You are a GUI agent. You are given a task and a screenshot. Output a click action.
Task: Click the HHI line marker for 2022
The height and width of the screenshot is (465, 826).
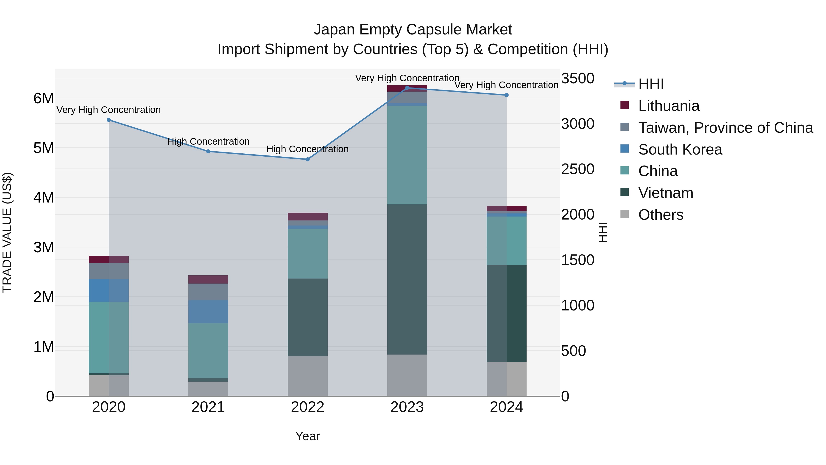click(307, 159)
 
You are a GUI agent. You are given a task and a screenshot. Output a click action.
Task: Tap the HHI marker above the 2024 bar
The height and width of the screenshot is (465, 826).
click(506, 95)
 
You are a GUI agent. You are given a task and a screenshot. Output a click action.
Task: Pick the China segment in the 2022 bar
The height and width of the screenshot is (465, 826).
click(307, 254)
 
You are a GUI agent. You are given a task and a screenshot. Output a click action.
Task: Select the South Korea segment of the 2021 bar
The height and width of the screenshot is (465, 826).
click(208, 312)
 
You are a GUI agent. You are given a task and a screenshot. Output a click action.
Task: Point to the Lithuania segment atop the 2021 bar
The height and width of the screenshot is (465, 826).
click(208, 279)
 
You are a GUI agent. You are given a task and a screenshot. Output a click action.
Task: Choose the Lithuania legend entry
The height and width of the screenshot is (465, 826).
click(669, 106)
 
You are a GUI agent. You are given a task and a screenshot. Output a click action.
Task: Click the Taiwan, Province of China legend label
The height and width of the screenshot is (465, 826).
click(725, 128)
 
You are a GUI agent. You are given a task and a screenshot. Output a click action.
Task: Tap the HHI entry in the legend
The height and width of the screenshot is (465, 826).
click(651, 84)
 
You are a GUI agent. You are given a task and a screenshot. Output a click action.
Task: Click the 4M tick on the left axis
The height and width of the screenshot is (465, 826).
click(44, 197)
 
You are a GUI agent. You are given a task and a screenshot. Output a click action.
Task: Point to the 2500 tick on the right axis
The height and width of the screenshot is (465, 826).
click(578, 169)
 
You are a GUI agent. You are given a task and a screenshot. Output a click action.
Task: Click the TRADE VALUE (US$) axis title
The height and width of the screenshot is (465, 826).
click(7, 232)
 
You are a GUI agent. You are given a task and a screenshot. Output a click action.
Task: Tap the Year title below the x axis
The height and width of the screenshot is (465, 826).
click(307, 436)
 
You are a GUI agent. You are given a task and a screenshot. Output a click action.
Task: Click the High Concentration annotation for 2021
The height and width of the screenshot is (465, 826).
click(208, 141)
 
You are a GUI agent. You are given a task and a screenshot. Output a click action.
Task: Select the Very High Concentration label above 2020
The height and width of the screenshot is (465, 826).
click(109, 110)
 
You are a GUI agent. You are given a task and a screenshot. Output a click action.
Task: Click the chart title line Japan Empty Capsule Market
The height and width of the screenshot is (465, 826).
click(413, 30)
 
